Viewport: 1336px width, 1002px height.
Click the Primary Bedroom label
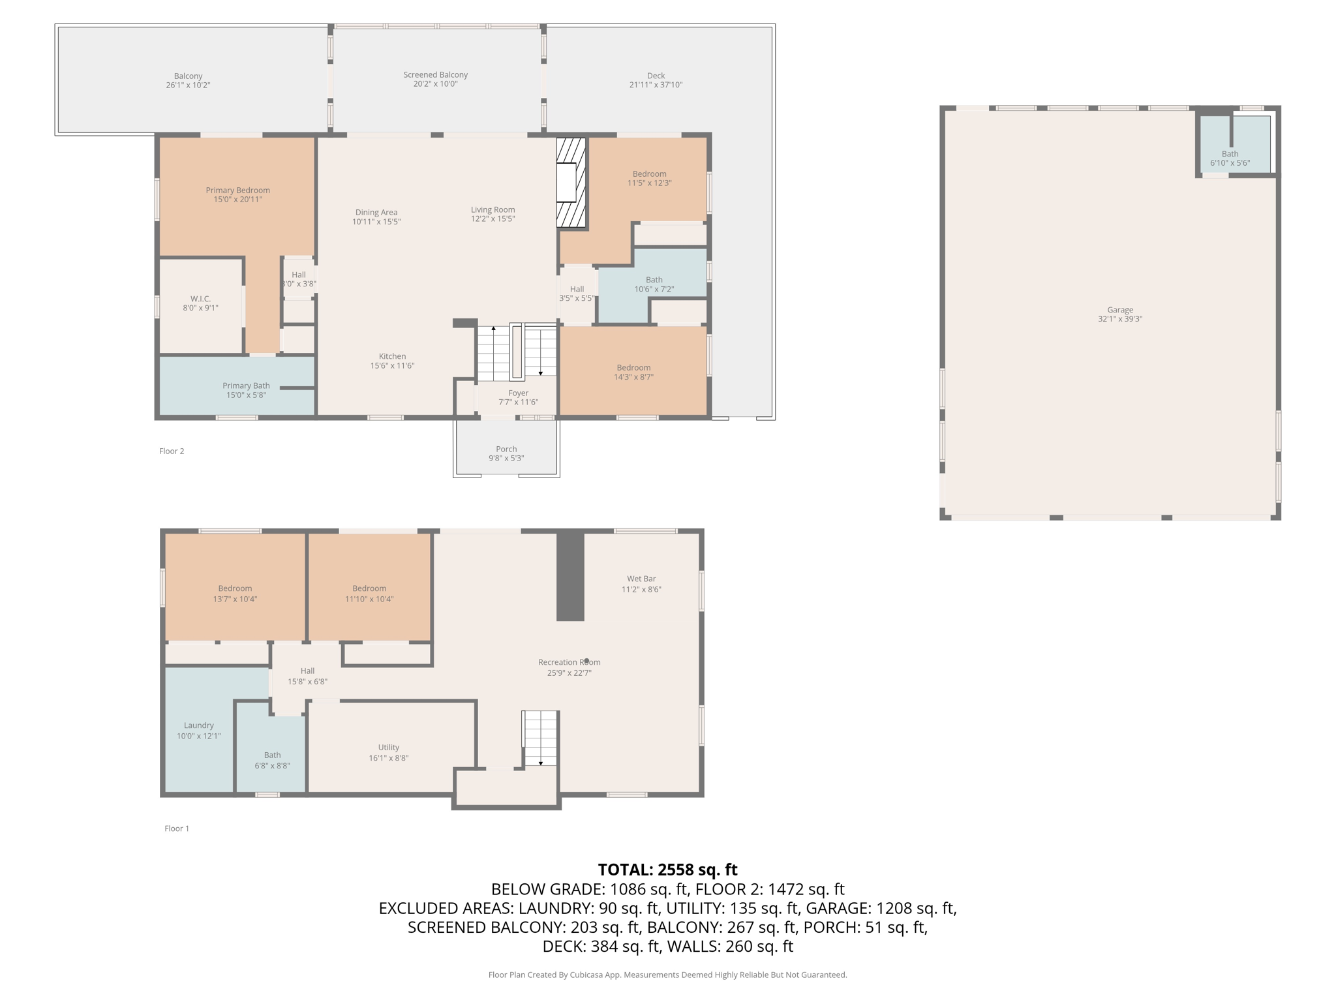pos(237,190)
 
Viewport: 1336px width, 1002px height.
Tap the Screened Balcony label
pos(435,75)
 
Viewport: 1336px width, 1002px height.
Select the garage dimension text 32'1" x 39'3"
pos(1119,319)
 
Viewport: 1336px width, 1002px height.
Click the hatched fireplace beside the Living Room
pos(571,183)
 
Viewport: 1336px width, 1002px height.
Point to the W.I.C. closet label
pos(200,299)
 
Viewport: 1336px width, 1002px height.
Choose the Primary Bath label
pos(246,386)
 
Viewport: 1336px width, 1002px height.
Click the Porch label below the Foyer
pos(506,449)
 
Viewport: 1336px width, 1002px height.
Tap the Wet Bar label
pos(641,579)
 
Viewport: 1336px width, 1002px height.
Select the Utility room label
pos(388,747)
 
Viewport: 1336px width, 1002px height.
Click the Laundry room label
pos(198,725)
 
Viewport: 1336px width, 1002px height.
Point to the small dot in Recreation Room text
pos(586,660)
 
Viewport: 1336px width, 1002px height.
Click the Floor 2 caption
pos(172,451)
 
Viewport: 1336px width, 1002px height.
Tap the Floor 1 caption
pos(176,828)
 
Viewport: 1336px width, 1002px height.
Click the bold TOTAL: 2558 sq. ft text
pos(667,870)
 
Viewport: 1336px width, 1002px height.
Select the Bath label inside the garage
pos(1230,154)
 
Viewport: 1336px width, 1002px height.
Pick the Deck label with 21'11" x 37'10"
pos(656,76)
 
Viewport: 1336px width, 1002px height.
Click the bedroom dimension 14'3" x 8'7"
pos(633,377)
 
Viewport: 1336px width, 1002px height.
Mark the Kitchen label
pos(392,356)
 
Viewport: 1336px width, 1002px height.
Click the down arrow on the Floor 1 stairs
pos(541,763)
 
